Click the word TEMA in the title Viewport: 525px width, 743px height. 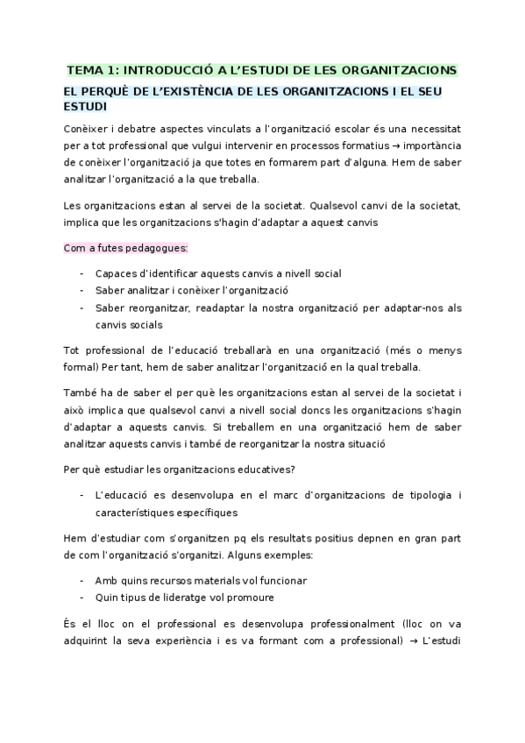click(x=86, y=70)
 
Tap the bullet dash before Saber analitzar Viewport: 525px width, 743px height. click(x=82, y=290)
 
